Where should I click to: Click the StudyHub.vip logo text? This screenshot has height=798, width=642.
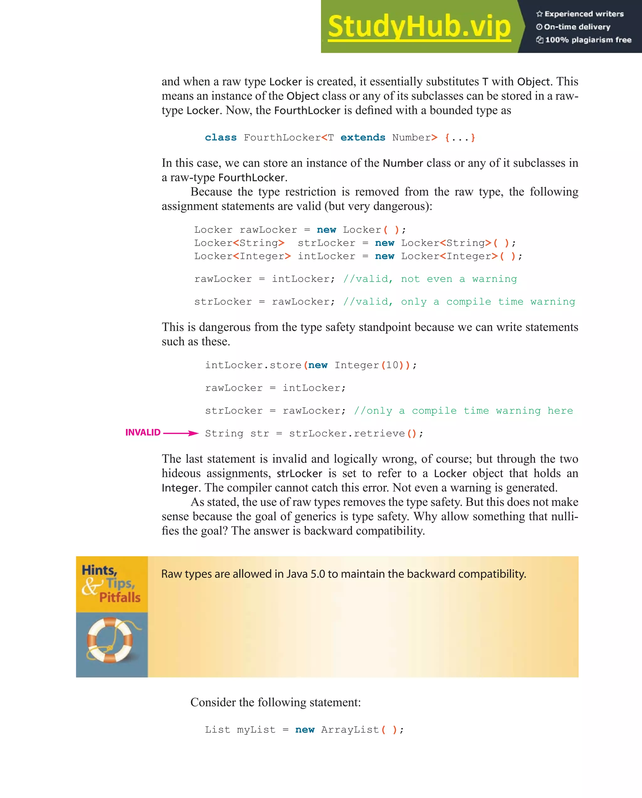(419, 27)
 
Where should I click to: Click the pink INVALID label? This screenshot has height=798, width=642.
(143, 432)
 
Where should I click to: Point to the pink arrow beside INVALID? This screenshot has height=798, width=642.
(181, 433)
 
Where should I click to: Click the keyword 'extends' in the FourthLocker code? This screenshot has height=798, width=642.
(363, 138)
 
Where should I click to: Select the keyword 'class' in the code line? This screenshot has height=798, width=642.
(221, 138)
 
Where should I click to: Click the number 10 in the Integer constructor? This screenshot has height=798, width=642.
(392, 365)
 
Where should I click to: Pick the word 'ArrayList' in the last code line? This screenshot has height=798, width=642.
(350, 730)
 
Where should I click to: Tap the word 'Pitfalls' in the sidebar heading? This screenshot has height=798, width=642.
(119, 597)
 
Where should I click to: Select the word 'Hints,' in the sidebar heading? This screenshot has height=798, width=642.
(99, 570)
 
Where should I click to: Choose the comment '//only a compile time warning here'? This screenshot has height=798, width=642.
(463, 410)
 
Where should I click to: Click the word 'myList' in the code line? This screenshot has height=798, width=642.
(256, 730)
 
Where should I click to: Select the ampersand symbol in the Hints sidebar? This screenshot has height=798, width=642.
(91, 586)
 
